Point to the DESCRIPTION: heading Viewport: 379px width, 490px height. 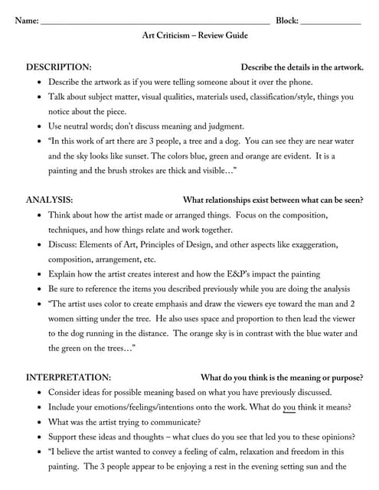coord(58,67)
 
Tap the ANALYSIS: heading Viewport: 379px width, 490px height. coord(50,200)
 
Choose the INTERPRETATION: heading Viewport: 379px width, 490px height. coord(68,377)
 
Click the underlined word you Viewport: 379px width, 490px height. coord(289,407)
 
